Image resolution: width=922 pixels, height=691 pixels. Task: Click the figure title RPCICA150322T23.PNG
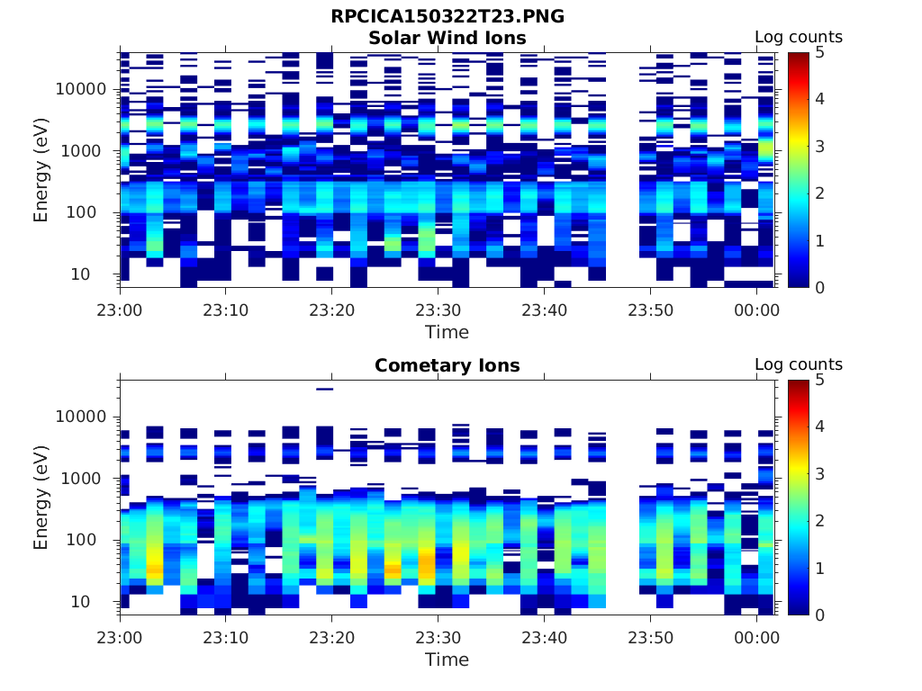(447, 17)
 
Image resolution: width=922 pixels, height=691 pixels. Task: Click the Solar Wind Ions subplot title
(447, 38)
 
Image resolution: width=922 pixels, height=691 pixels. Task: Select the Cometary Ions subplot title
(447, 365)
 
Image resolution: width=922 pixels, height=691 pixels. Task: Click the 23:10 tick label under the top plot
(226, 310)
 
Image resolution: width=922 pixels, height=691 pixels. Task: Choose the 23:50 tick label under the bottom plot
(650, 638)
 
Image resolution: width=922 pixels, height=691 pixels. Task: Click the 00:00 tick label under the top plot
(756, 310)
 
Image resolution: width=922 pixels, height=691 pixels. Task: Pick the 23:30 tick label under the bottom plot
(438, 638)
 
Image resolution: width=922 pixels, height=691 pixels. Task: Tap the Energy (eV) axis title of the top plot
(41, 170)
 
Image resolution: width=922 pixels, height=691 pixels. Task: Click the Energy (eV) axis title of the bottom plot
(41, 498)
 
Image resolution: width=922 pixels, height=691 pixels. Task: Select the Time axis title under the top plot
(447, 332)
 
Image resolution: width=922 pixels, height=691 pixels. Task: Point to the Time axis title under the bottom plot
(447, 660)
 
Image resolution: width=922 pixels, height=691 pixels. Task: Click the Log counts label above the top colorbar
(798, 37)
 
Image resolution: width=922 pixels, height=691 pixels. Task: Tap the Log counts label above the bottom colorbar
(798, 364)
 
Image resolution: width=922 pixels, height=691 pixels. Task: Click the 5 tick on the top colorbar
(819, 52)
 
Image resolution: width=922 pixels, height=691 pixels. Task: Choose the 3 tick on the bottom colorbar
(819, 473)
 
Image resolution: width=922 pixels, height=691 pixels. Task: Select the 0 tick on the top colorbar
(819, 287)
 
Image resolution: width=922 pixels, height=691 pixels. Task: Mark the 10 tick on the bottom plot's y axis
(98, 601)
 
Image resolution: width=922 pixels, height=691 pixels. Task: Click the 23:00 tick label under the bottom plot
(121, 638)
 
